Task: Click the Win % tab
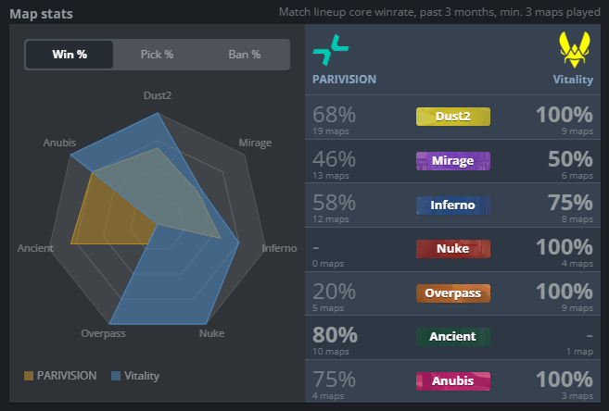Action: (70, 55)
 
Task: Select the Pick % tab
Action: (157, 55)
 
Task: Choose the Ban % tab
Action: (244, 55)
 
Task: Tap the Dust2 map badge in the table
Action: (453, 116)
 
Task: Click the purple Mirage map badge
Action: (453, 160)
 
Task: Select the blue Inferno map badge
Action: (453, 205)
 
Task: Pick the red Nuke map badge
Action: (453, 248)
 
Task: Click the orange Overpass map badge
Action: (453, 293)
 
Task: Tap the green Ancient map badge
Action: (453, 337)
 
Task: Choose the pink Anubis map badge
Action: (453, 380)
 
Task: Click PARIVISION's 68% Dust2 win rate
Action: (335, 116)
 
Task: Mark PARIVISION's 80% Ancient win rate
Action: (335, 335)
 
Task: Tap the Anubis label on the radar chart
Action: (59, 143)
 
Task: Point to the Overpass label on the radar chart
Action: (103, 333)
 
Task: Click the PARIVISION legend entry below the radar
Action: (60, 376)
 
